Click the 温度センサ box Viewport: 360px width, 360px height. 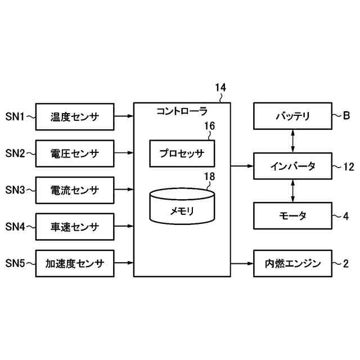(x=74, y=117)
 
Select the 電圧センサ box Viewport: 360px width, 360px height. (x=74, y=153)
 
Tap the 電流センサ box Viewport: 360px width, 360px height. (x=74, y=190)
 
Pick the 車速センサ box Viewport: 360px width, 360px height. (x=74, y=227)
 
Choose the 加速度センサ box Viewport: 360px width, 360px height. (x=74, y=263)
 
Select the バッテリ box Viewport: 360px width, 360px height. (x=292, y=117)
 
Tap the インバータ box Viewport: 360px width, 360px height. (x=292, y=166)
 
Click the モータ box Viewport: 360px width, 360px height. (x=292, y=215)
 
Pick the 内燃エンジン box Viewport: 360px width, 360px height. (x=292, y=263)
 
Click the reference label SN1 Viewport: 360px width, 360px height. (x=15, y=117)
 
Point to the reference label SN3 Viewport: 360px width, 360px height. (x=15, y=190)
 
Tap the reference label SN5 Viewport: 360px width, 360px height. (x=15, y=263)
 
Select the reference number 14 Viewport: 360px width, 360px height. (x=220, y=88)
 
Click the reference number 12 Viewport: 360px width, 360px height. (x=349, y=166)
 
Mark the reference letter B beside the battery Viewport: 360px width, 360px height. (x=346, y=116)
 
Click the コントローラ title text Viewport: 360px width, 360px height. (x=182, y=111)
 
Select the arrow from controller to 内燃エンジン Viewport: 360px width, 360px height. (x=242, y=263)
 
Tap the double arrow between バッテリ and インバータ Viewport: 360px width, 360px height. (x=292, y=141)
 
